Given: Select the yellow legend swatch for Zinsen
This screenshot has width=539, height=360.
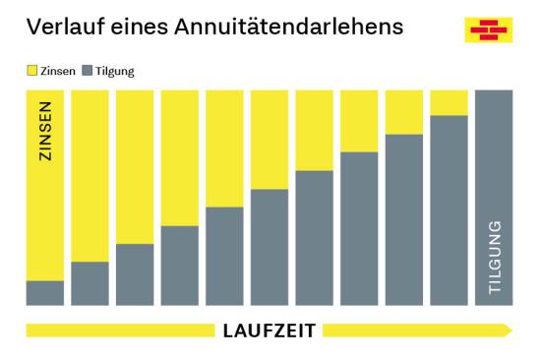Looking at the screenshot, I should tap(30, 71).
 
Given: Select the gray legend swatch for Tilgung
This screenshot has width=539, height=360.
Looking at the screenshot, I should tap(86, 71).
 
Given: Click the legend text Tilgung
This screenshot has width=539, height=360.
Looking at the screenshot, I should tap(114, 71).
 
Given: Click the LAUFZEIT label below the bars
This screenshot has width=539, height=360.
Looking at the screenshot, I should tap(269, 331).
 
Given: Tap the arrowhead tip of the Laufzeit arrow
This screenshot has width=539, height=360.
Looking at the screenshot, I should tap(509, 330).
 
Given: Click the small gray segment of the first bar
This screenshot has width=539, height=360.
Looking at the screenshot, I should tap(44, 293).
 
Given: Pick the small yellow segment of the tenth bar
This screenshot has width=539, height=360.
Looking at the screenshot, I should tap(449, 102).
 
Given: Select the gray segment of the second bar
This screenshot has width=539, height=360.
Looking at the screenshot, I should tap(90, 283).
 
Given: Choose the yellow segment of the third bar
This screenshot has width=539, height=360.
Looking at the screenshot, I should tap(135, 166).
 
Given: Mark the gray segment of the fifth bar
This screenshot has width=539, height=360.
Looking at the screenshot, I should tap(224, 256).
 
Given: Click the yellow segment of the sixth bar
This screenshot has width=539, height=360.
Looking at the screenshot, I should tap(269, 139).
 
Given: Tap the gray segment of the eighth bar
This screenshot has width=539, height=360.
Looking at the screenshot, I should tap(359, 228).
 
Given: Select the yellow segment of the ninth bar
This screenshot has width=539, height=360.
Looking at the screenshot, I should tap(404, 111).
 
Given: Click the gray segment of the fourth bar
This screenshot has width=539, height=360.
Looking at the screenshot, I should tap(179, 266).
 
